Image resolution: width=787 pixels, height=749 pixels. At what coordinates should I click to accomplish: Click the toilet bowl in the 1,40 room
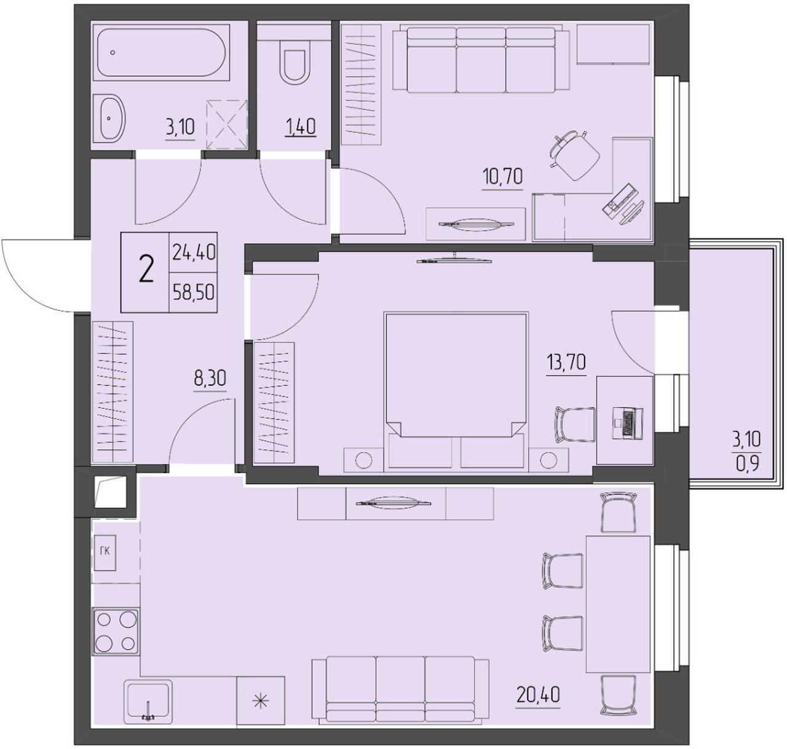295,66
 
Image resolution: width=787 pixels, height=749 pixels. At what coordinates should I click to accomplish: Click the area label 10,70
502,176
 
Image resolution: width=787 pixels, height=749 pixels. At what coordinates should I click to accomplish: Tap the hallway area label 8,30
210,378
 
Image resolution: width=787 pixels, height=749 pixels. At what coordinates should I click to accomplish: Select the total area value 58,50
194,292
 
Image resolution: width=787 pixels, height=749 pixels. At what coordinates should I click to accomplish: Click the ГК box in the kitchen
105,552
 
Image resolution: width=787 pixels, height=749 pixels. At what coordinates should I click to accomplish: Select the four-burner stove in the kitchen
116,632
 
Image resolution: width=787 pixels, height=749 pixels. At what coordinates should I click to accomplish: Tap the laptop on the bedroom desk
627,423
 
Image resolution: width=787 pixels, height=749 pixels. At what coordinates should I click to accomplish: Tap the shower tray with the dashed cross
227,125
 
